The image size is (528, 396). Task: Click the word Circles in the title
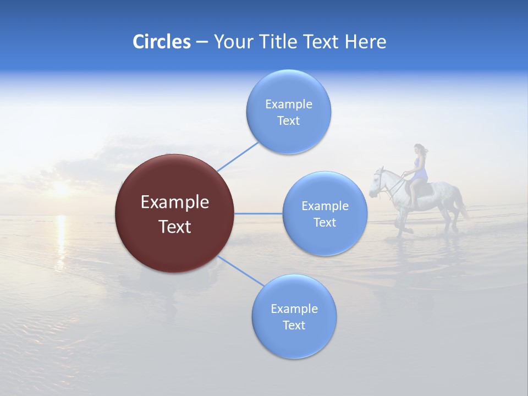[x=161, y=42]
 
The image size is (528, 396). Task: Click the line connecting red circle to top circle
[x=238, y=157]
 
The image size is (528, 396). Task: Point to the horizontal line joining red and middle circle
[x=258, y=213]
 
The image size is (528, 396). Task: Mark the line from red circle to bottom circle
[x=241, y=271]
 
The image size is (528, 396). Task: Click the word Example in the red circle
[x=174, y=202]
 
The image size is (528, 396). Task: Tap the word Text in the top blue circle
[x=288, y=121]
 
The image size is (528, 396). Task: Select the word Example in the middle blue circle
[x=324, y=206]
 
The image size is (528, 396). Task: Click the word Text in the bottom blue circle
[x=294, y=326]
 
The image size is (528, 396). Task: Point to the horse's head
[x=377, y=184]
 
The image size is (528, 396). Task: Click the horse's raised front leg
[x=400, y=220]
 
